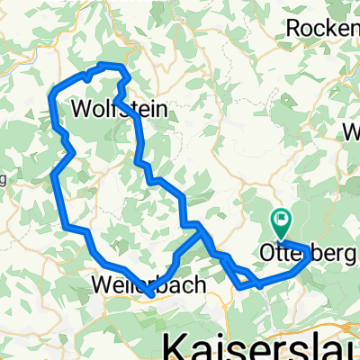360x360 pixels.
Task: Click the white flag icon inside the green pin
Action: [x=282, y=217]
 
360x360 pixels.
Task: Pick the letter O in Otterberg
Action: [x=266, y=255]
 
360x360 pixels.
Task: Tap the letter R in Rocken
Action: [x=293, y=28]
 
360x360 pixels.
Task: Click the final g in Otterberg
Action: [x=350, y=256]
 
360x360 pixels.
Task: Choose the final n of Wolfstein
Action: [x=165, y=109]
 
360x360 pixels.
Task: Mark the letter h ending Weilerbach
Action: [x=201, y=286]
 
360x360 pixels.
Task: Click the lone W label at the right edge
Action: [x=351, y=132]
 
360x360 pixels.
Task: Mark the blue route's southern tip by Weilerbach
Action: [x=147, y=290]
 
